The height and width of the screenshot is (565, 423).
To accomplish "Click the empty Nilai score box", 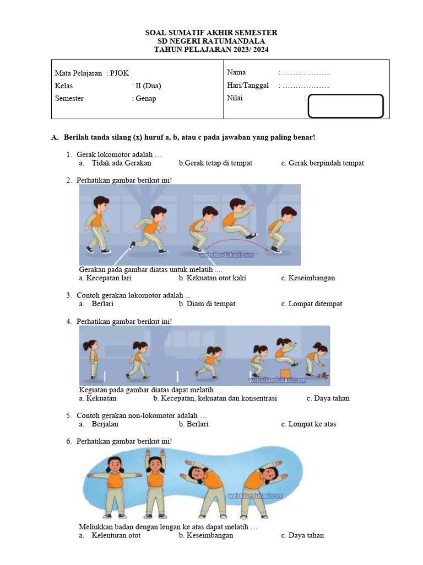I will (345, 106).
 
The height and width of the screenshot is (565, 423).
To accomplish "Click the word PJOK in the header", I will (120, 73).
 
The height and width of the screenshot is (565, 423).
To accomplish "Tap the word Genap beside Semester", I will (146, 98).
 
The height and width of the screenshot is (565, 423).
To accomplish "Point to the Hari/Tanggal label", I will (248, 85).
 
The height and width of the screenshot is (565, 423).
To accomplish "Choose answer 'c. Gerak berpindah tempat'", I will (322, 163).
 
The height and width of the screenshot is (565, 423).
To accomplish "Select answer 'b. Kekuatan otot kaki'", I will (212, 278).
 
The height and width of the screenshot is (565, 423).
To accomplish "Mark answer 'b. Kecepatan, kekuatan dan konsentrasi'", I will (215, 398).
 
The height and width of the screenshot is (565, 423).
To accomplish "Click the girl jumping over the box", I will (285, 352).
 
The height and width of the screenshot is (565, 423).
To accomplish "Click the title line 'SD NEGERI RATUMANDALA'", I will (211, 41).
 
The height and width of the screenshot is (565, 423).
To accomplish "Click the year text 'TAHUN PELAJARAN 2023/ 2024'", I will (211, 50).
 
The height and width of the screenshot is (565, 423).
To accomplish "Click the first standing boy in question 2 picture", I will (98, 223).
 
